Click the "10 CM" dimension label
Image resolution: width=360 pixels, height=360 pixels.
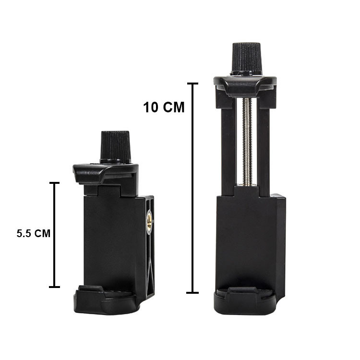point(164,107)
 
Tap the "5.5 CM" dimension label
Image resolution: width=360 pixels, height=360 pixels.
point(34,233)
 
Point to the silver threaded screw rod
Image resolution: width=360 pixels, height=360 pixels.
point(247,142)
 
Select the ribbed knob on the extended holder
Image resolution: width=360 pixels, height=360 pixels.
point(246,59)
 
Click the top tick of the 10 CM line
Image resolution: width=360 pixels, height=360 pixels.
point(192,84)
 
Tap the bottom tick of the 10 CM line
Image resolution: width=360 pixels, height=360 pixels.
point(192,293)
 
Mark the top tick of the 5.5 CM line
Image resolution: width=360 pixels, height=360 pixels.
point(55,183)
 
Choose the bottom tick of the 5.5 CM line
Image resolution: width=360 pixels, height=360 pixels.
point(54,287)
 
